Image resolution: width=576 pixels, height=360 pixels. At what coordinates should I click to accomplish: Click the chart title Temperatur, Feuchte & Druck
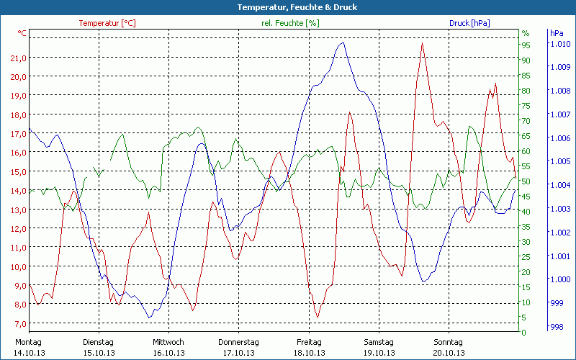click(287, 7)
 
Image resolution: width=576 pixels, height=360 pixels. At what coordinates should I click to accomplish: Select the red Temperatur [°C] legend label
click(107, 23)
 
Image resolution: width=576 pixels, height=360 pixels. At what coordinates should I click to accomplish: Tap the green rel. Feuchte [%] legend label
click(291, 23)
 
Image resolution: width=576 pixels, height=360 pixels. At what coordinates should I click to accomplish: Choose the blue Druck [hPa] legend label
click(469, 23)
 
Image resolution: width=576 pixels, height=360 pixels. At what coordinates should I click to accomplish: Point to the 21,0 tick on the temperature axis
click(19, 58)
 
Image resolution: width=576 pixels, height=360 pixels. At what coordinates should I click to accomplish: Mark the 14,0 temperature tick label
click(19, 191)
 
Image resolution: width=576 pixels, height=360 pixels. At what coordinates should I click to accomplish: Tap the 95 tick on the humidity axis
click(526, 45)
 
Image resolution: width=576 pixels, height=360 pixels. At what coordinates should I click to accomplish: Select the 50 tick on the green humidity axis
click(526, 181)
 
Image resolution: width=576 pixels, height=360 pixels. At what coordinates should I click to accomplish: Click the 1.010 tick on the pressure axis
click(559, 44)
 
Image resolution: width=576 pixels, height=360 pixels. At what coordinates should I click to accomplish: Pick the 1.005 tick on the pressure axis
click(559, 161)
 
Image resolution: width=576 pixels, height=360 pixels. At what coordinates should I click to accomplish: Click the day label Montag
click(28, 342)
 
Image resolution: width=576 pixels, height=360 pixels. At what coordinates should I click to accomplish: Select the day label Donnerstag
click(238, 342)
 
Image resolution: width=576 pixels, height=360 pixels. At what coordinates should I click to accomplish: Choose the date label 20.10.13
click(448, 353)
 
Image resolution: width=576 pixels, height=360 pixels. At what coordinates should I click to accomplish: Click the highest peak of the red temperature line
click(423, 43)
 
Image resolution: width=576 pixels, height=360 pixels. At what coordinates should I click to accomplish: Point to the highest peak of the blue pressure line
click(343, 42)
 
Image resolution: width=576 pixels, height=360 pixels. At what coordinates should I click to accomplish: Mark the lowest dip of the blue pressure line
click(150, 318)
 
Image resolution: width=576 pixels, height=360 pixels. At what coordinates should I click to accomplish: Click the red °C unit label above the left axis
click(22, 33)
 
